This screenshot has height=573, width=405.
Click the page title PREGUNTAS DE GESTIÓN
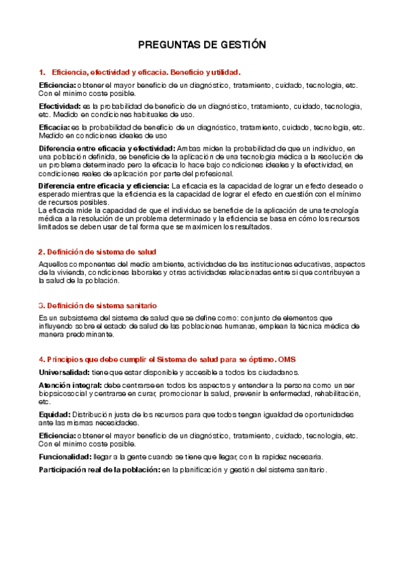pyautogui.click(x=202, y=45)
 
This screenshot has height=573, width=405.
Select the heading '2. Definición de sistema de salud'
pyautogui.click(x=98, y=252)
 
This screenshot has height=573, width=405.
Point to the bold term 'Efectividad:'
pyautogui.click(x=59, y=107)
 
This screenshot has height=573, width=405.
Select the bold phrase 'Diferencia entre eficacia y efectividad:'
pyautogui.click(x=107, y=148)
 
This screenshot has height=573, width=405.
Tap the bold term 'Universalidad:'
pyautogui.click(x=64, y=372)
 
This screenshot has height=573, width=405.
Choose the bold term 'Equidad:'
pyautogui.click(x=54, y=414)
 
